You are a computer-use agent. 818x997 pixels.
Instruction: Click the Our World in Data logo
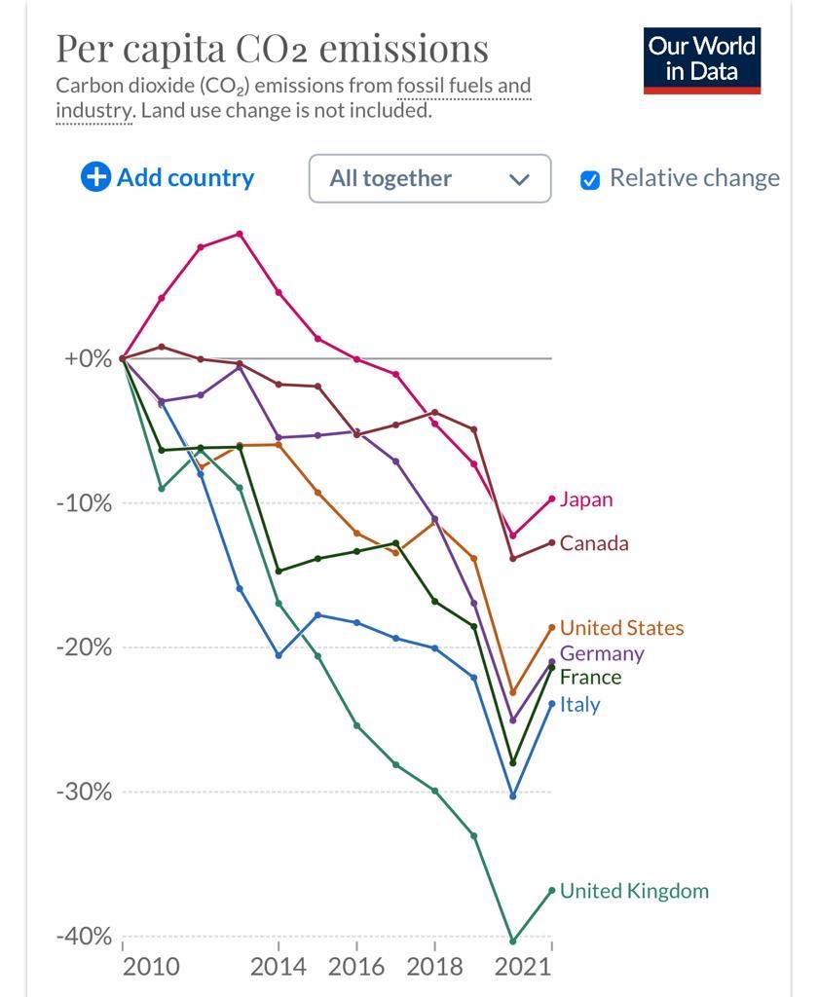pos(701,60)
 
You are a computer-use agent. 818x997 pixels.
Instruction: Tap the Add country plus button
pos(95,177)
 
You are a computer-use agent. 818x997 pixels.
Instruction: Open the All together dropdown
pos(430,179)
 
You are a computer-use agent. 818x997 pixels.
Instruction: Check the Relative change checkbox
pos(590,180)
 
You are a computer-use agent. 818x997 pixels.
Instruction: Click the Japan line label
pos(586,499)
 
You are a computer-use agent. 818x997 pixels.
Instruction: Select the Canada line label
pos(594,543)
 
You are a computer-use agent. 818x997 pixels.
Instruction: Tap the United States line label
pos(621,628)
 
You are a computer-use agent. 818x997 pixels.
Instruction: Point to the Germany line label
pos(602,653)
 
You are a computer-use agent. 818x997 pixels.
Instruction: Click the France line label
pos(590,678)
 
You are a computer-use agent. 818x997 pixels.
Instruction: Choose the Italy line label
pos(579,705)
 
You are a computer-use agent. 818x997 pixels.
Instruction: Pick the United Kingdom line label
pos(634,891)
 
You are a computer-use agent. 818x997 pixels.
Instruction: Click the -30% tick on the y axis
pos(84,793)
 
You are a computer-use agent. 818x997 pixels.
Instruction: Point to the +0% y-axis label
pos(88,358)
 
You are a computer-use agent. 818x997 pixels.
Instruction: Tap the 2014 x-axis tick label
pos(278,967)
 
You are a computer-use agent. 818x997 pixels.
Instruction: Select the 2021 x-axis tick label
pos(522,967)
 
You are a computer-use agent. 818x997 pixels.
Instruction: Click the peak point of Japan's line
pos(240,234)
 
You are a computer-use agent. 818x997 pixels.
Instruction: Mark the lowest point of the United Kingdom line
pos(512,942)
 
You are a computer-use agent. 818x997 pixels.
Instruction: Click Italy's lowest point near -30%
pos(513,796)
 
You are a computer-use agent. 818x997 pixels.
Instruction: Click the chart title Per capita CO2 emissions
pos(273,49)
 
